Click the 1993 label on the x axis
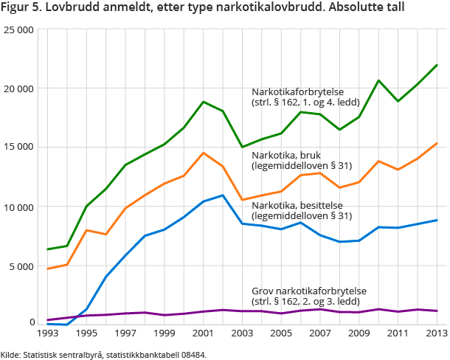coord(48,333)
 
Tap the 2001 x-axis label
coord(204,333)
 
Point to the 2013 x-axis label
coord(436,333)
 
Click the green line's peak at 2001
coord(204,102)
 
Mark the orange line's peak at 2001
coord(204,153)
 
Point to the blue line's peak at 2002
coord(223,195)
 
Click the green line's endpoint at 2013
coord(436,65)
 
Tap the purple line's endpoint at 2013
coord(436,311)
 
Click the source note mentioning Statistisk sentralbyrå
coord(104,354)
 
